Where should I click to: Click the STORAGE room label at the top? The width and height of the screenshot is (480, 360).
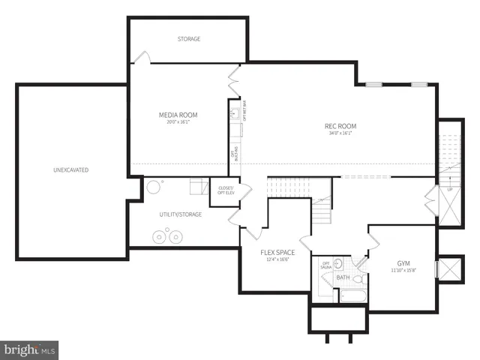point(188,39)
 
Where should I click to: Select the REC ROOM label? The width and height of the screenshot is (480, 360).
point(340,126)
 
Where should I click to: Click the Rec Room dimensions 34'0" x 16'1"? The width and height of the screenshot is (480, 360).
point(340,133)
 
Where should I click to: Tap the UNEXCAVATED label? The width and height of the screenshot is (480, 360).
point(70,170)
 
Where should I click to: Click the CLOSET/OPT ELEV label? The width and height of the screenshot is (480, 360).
point(225,190)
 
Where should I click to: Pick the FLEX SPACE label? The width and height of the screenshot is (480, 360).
point(277,252)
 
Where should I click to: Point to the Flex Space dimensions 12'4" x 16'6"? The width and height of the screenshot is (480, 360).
point(277,259)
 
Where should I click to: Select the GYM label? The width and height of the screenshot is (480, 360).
point(403,264)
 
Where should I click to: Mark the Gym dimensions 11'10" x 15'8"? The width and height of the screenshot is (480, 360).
point(403,271)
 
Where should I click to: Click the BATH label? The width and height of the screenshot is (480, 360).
point(343,278)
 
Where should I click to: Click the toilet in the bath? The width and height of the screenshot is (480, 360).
point(357,279)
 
